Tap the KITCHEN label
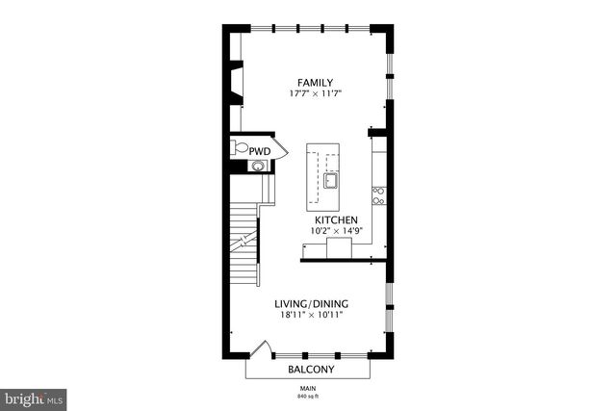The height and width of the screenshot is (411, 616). point(328,219)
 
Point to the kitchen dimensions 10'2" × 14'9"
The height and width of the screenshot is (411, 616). point(328,231)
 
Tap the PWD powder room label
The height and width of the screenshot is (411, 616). point(260,151)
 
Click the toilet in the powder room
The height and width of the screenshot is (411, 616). point(239,149)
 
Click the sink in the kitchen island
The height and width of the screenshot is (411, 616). point(331,180)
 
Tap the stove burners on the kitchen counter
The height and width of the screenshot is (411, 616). point(379,195)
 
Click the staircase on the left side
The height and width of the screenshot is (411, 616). point(245,245)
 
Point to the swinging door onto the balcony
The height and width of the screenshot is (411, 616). point(258,348)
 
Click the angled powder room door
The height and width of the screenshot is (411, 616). point(279,148)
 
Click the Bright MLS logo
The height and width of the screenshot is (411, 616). point(34,396)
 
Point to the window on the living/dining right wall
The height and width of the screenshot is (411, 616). point(389,308)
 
